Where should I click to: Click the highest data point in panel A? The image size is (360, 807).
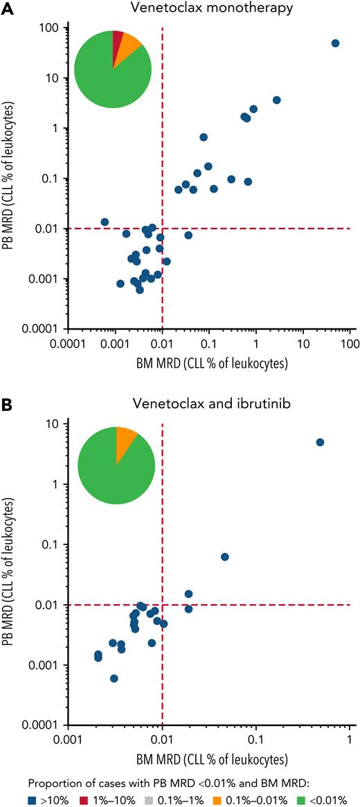tap(335, 43)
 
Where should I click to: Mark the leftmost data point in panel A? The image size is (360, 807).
tap(105, 222)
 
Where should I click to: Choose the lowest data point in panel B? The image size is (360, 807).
tap(114, 678)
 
